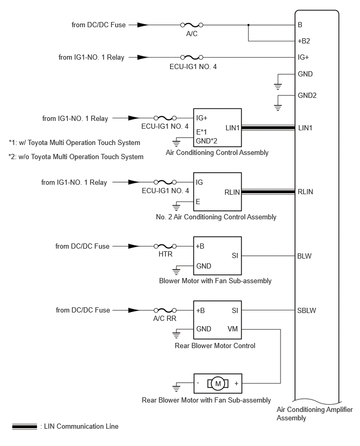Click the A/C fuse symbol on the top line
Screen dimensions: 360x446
[192, 25]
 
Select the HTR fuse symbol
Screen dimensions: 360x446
[165, 246]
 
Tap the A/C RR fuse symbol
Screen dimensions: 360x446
[165, 310]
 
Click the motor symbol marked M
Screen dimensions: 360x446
[218, 384]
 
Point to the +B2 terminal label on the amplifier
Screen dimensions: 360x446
[303, 41]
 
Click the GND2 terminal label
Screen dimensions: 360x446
[307, 95]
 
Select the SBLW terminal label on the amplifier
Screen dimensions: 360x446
[307, 310]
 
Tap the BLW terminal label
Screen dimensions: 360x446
[304, 256]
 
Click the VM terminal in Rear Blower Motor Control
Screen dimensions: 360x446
[232, 329]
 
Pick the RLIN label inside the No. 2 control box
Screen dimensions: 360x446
[232, 192]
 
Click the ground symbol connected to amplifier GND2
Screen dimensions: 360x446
[278, 108]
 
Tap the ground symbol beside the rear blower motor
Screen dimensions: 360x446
[176, 388]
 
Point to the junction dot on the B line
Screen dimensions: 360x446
[248, 25]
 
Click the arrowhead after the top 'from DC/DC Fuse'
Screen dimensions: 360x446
[143, 25]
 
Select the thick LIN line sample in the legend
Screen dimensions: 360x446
[25, 427]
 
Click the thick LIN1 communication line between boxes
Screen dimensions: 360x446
[268, 128]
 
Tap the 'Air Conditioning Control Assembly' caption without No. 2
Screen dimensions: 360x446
[217, 153]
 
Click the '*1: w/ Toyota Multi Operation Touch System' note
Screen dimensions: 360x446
[74, 142]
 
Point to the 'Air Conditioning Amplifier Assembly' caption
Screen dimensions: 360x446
[314, 414]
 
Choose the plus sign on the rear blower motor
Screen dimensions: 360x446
[237, 383]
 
